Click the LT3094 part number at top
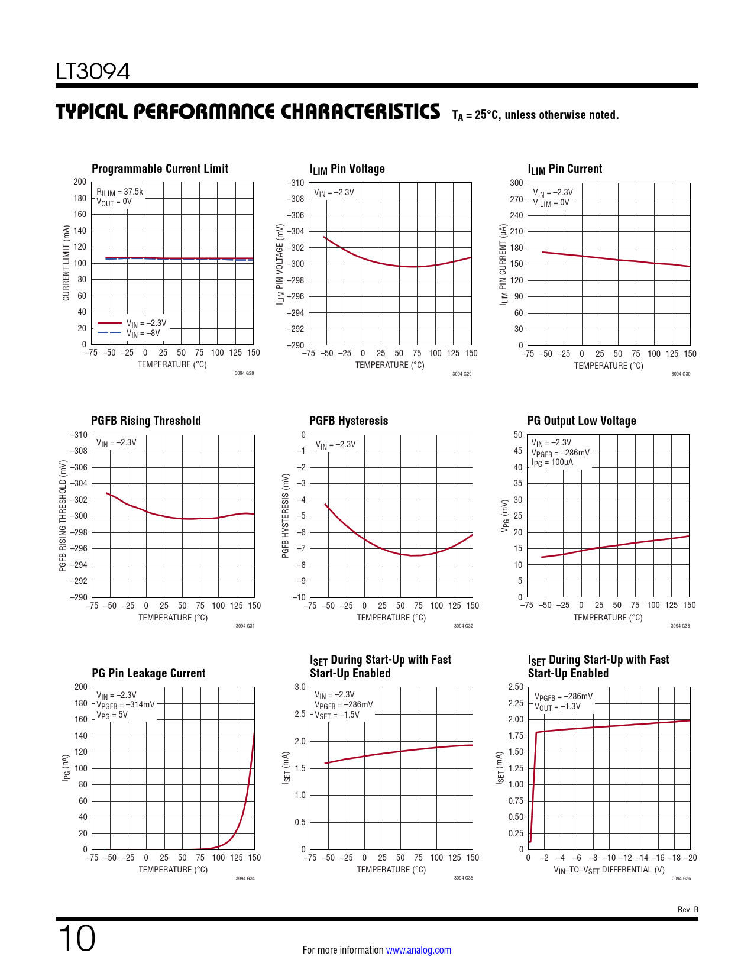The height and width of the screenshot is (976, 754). tap(93, 72)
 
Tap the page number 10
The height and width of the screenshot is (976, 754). tap(77, 939)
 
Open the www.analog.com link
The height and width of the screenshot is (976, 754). tap(418, 950)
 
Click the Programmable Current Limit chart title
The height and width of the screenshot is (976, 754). tap(160, 169)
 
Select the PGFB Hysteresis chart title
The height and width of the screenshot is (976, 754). tap(348, 421)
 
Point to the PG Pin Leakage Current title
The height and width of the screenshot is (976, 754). tap(148, 673)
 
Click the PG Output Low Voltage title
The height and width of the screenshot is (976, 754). tap(581, 421)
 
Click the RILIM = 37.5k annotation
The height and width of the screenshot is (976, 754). tap(120, 192)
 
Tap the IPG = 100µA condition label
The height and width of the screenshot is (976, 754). tap(552, 462)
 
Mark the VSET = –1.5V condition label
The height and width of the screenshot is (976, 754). tap(336, 715)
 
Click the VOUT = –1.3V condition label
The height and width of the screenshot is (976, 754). tap(557, 706)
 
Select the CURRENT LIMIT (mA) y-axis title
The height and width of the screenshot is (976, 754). tap(66, 263)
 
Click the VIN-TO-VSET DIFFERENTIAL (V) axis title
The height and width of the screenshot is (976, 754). tap(609, 870)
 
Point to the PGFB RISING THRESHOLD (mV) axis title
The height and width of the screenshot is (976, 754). tap(63, 516)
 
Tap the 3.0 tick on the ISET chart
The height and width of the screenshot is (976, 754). tap(300, 687)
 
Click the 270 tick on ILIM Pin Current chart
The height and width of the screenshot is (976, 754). tap(516, 199)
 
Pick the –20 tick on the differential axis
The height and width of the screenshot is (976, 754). tap(690, 858)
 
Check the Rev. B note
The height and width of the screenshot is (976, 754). tap(687, 909)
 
